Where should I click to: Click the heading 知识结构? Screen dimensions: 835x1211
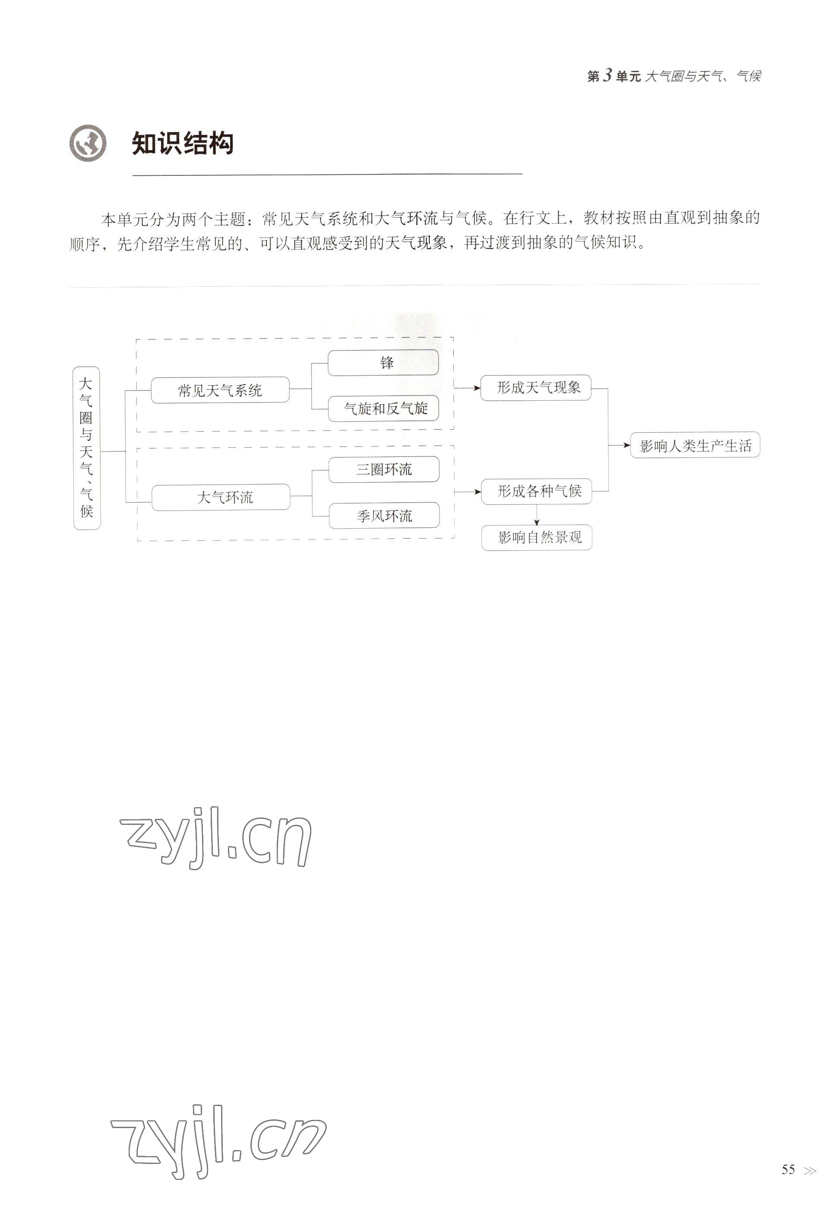pos(182,143)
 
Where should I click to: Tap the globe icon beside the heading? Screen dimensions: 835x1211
pos(88,143)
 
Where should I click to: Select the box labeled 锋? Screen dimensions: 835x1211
pos(383,363)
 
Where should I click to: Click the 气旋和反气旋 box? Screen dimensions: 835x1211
pos(383,409)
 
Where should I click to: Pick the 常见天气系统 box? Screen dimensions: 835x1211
pos(220,390)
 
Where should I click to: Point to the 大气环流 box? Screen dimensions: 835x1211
pos(221,497)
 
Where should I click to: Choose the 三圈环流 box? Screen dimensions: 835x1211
pos(383,469)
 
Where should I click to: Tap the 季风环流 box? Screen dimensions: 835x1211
pos(384,516)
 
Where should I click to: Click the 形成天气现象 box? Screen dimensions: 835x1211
pos(536,388)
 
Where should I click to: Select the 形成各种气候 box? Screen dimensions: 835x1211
pos(536,491)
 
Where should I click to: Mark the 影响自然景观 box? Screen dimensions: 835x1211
pos(536,537)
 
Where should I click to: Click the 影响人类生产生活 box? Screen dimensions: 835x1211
pos(695,445)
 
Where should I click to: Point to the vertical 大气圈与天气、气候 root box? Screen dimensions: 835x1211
pos(86,448)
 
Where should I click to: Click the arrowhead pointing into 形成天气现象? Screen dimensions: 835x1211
pos(477,388)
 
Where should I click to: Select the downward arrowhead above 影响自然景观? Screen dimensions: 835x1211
pos(536,522)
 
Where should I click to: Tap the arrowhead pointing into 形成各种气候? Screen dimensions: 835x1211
pos(477,492)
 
